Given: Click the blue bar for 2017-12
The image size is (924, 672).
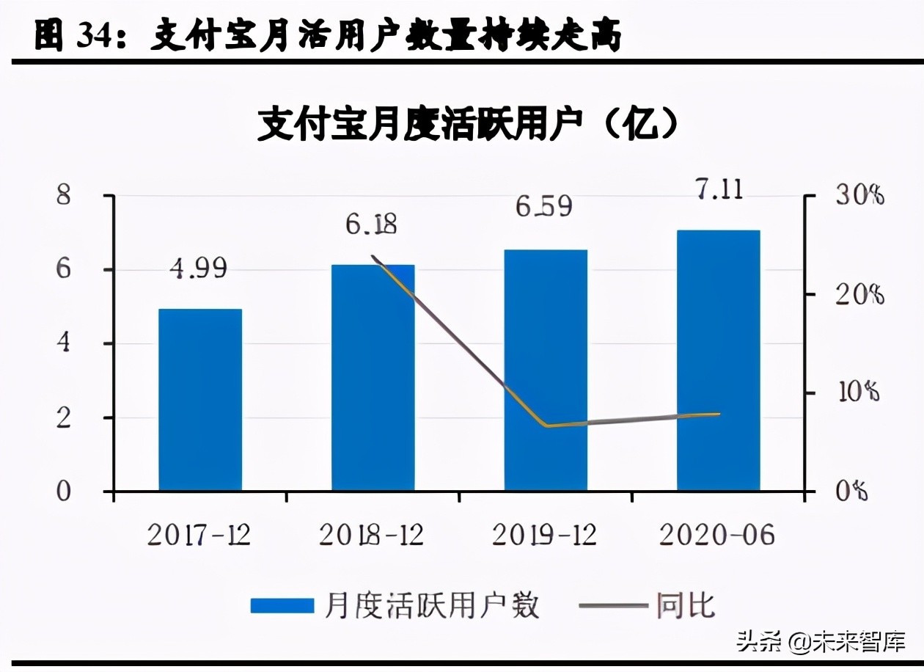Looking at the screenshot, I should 200,400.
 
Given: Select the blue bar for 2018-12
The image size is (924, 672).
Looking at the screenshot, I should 373,378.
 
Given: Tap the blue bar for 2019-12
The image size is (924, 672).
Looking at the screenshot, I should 546,370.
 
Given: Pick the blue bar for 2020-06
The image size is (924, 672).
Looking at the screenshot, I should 718,360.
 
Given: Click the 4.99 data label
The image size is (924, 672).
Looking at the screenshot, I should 198,269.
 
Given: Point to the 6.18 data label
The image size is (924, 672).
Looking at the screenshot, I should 371,224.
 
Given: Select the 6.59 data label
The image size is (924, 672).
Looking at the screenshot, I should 543,206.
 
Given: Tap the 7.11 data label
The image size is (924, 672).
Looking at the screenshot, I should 718,189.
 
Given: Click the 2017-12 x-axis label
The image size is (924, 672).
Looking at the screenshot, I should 199,536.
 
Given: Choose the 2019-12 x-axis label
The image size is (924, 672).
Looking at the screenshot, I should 544,536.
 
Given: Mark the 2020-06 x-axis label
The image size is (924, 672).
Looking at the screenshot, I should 717,536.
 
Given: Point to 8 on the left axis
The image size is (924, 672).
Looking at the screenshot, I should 65,196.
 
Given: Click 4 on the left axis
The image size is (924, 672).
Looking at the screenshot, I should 65,343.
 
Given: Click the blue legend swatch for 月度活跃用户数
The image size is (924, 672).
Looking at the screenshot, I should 282,606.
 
